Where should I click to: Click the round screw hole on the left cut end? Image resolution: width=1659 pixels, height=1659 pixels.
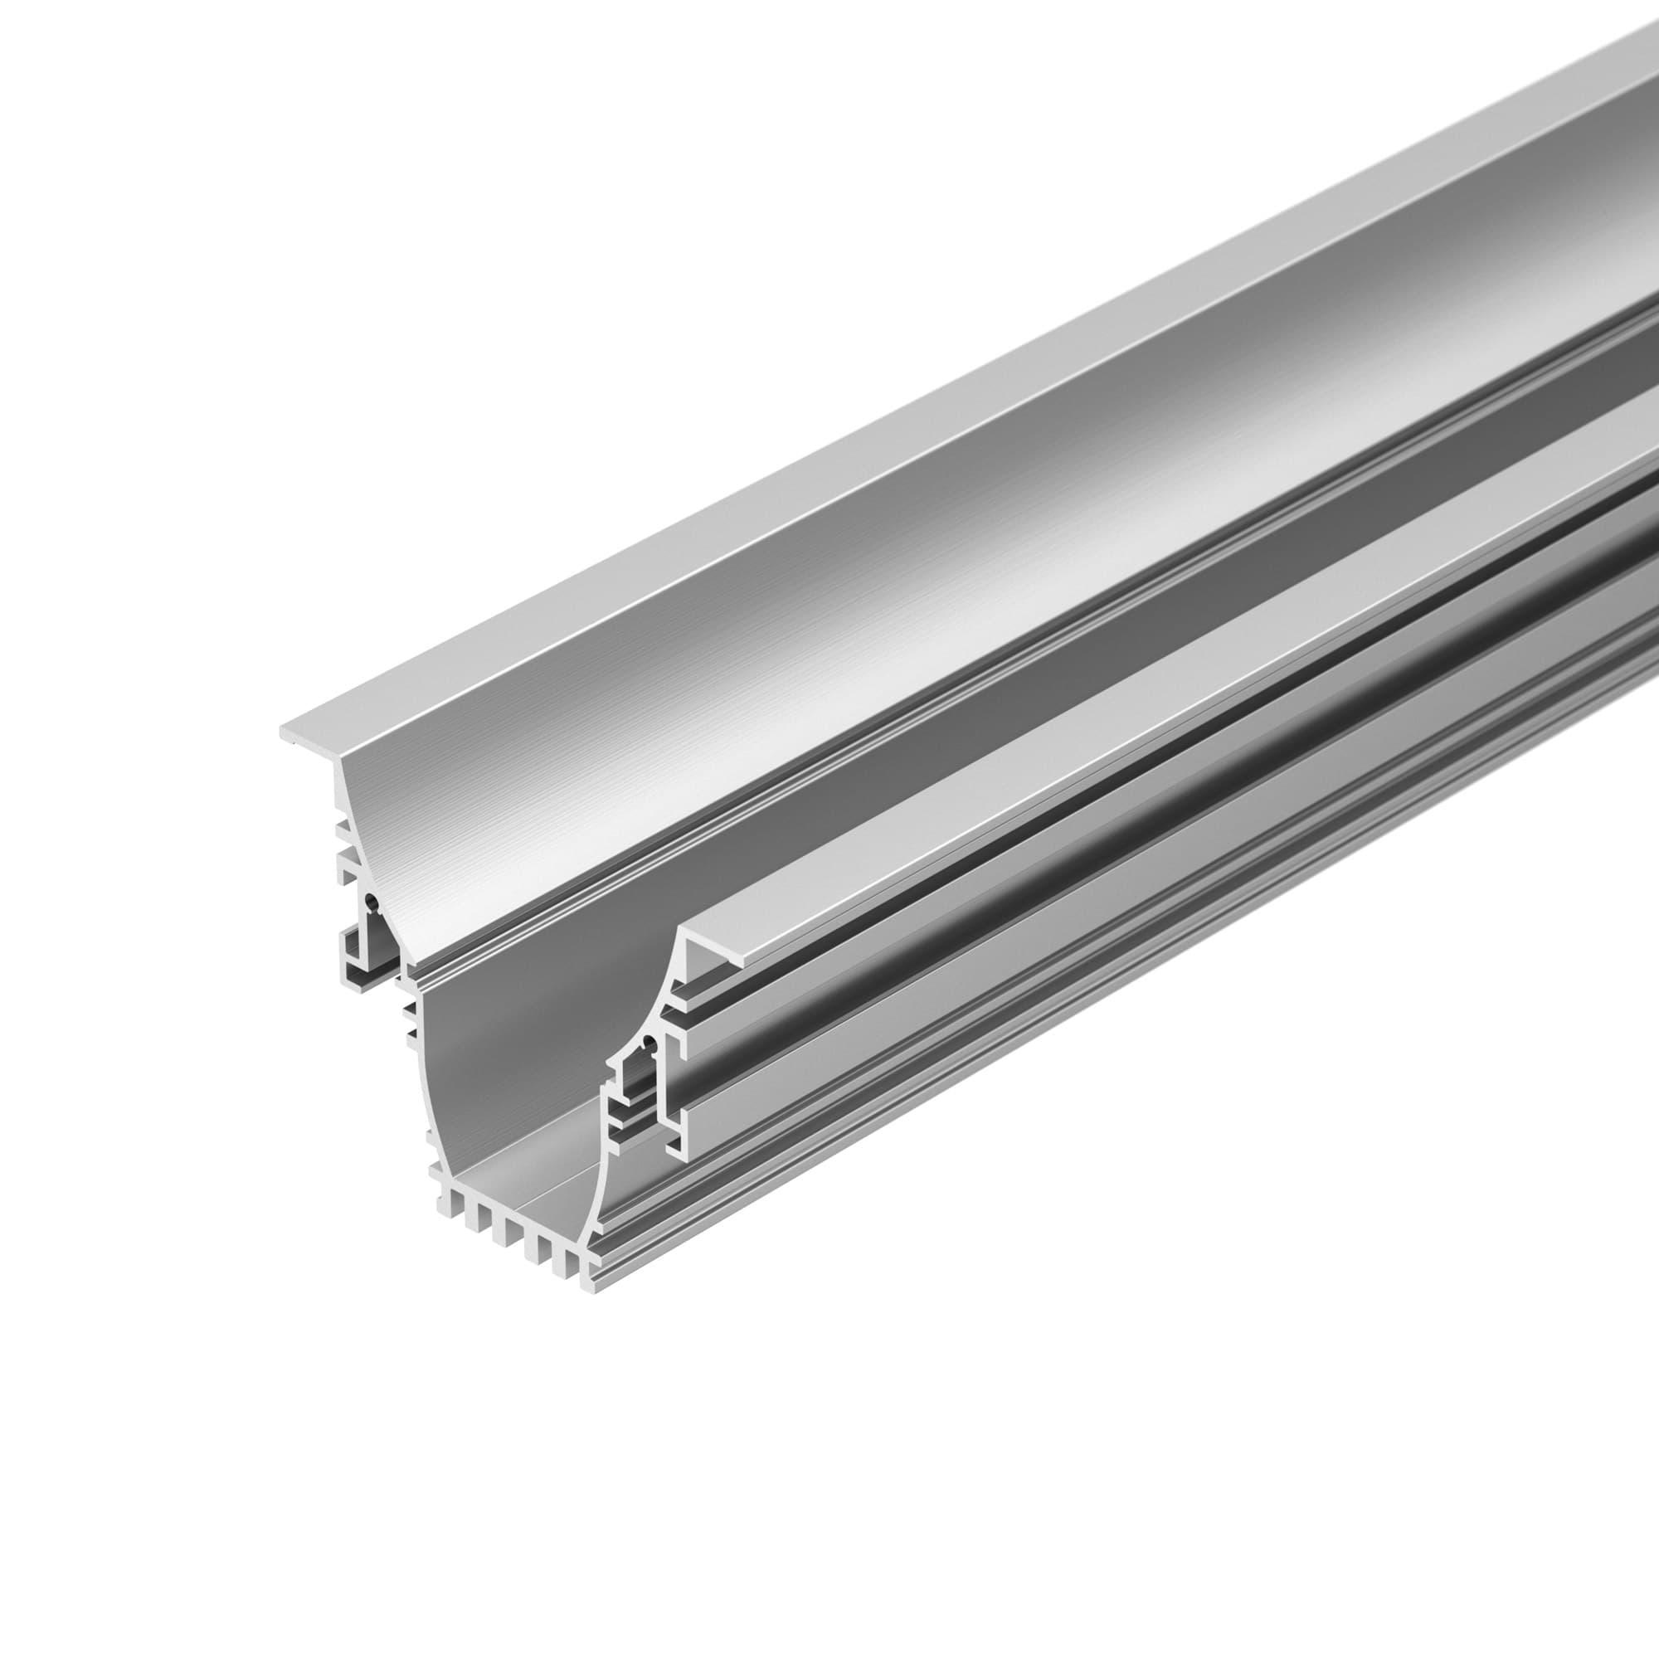coord(370,901)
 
